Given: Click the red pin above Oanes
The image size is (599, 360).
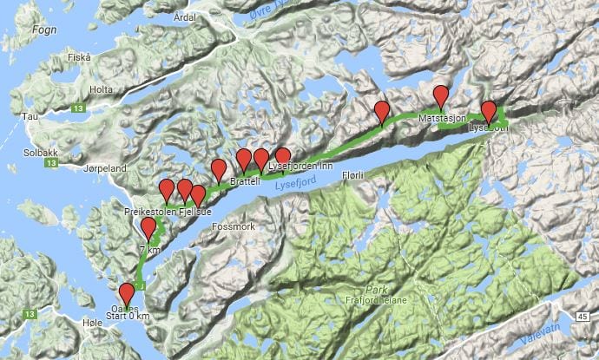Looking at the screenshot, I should pos(127,292).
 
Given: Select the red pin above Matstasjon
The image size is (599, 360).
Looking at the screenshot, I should pos(441,95).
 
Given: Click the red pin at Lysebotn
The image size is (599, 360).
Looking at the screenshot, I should pos(489,110).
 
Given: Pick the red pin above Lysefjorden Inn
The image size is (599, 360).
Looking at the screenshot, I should pos(282,157).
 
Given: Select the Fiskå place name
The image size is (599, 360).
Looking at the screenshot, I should pos(79,57).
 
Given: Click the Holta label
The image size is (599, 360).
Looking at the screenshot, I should pos(102,89).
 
